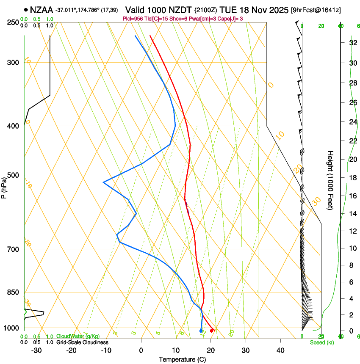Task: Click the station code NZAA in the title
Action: coord(42,9)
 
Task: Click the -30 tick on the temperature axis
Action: coord(36,350)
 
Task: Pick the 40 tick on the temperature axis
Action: coord(280,350)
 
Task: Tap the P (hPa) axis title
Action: coord(4,186)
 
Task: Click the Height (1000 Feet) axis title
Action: coord(330,180)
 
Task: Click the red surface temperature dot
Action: coord(212,331)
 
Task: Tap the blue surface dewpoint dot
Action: coord(201,331)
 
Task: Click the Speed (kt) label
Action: coord(321,342)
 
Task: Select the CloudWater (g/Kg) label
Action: coord(78,336)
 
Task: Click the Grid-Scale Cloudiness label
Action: coord(82,342)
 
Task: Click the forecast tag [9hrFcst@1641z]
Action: coord(316,9)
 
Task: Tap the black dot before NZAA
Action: coord(26,9)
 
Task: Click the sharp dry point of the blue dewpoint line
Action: coord(103,182)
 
